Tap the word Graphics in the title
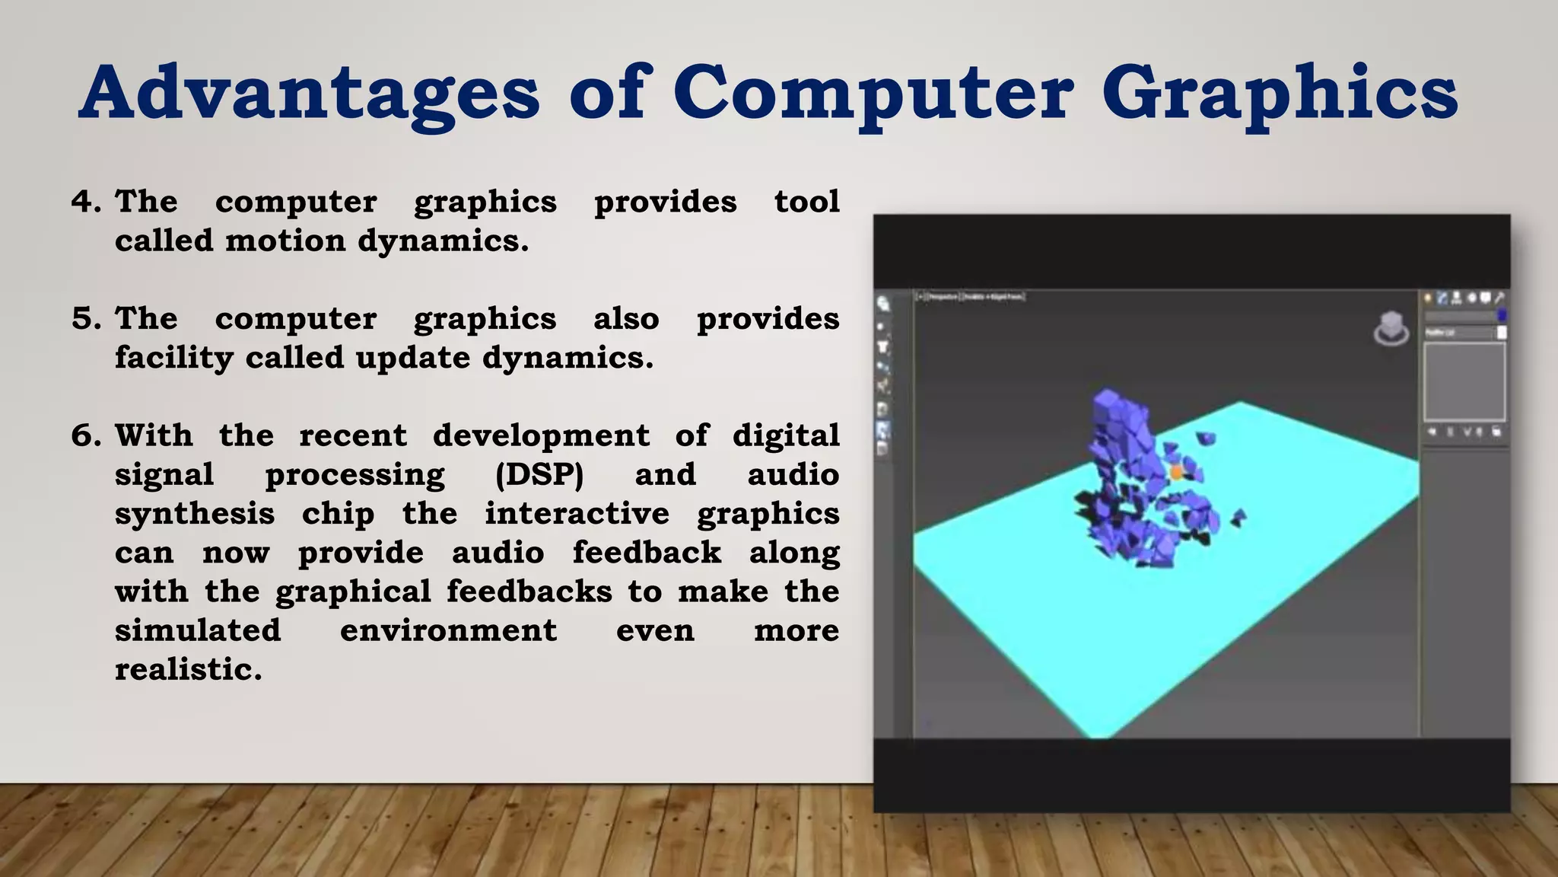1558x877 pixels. tap(1280, 94)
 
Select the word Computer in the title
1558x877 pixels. tap(873, 94)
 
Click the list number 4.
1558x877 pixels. tap(85, 202)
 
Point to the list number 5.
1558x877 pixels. tap(85, 318)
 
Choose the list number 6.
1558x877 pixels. tap(85, 435)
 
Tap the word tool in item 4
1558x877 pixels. tap(806, 202)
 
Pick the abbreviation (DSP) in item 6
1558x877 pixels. tap(539, 474)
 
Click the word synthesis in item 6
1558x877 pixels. tap(195, 514)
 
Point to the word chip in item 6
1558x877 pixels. tap(338, 514)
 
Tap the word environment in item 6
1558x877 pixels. tap(448, 630)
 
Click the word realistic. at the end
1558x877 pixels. tap(188, 670)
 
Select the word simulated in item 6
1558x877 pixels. tap(198, 630)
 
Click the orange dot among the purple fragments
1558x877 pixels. tap(1176, 473)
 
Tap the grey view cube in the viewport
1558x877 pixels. tap(1391, 329)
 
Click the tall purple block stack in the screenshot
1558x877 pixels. tap(1115, 426)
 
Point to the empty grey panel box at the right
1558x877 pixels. tap(1464, 381)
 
